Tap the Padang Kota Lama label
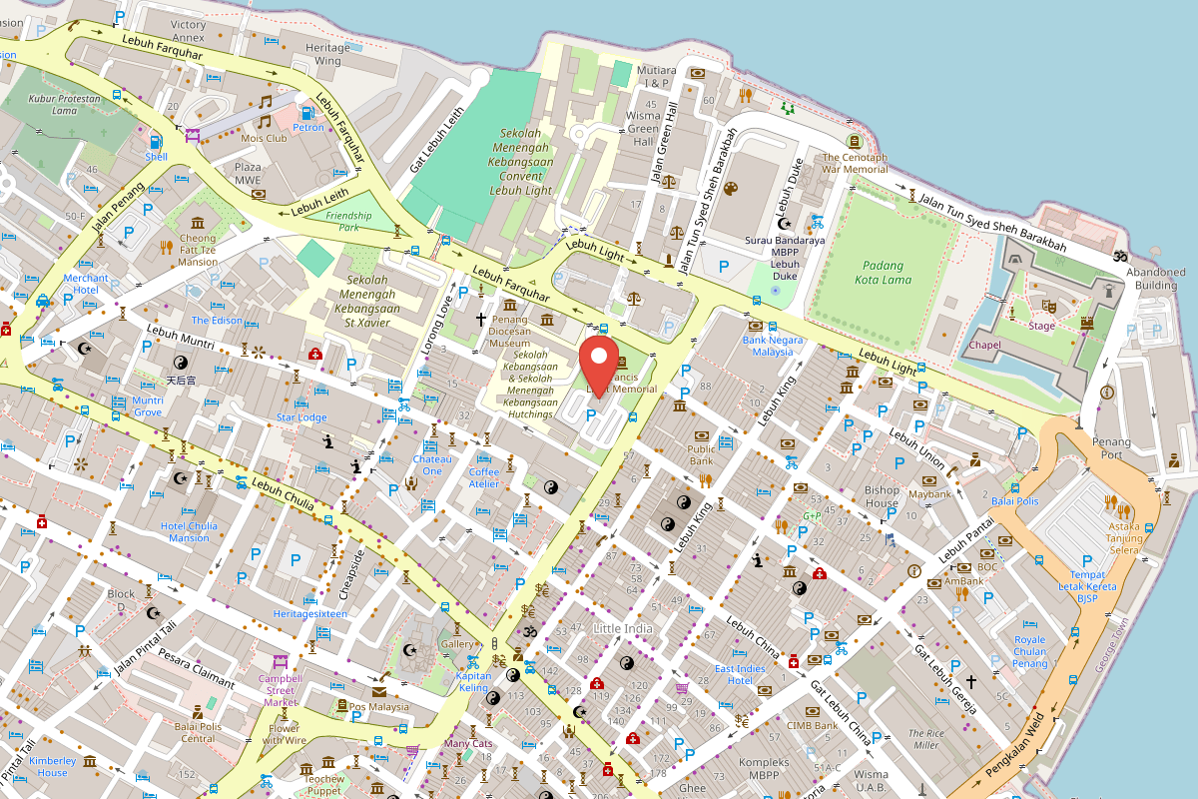pos(880,273)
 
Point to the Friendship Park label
pos(348,221)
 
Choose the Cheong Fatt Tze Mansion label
pos(197,250)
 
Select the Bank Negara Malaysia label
pos(773,346)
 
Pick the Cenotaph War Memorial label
pos(855,163)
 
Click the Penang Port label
pos(1111,448)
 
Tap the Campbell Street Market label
pos(280,690)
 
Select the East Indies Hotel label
pos(740,674)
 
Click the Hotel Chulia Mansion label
pos(189,531)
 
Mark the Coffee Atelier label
pos(483,477)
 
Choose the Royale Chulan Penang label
pos(1029,651)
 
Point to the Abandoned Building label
pos(1156,278)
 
